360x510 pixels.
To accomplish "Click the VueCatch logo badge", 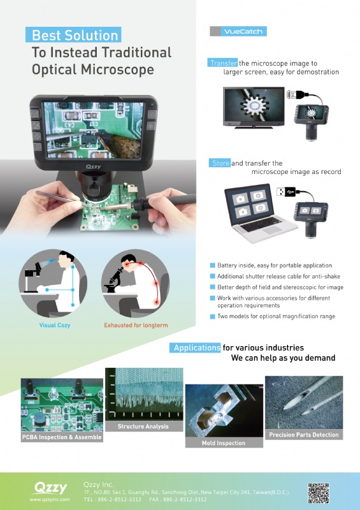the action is coord(238,31).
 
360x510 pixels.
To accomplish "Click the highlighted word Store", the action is coord(220,163).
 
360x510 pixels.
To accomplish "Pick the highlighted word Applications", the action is coord(196,347).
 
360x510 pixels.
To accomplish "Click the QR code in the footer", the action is coord(319,493).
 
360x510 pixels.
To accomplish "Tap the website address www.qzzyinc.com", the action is coord(50,499).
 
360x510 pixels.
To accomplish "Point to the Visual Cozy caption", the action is coord(55,325).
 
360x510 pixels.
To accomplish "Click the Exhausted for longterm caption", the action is coord(136,325).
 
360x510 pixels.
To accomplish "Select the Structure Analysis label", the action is coord(143,426).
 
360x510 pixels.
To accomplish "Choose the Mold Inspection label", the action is coord(224,442).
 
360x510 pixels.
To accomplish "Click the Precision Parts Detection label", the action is coord(304,435).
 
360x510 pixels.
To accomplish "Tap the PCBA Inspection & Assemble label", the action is coord(62,437).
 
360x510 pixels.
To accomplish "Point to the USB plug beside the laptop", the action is coord(286,192).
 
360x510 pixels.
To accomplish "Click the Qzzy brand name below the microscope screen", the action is coord(94,167).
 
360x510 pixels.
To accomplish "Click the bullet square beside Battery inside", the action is coord(213,265).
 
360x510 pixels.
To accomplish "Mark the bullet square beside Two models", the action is coord(213,316).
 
